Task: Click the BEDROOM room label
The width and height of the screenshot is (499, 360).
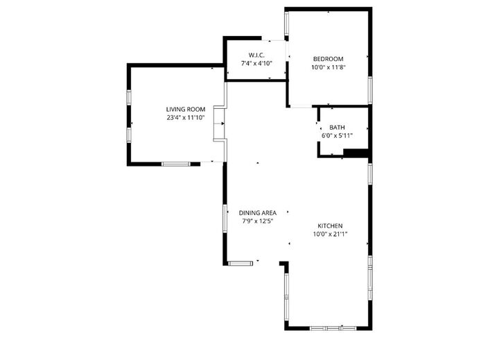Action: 329,59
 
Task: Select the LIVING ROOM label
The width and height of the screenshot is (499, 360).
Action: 186,109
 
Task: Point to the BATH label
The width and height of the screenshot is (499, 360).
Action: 337,128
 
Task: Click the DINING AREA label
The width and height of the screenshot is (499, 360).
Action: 258,213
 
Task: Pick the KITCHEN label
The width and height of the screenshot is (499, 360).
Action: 330,226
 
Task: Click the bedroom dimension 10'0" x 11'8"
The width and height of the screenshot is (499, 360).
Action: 329,67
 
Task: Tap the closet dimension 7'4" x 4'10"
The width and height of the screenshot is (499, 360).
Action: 256,63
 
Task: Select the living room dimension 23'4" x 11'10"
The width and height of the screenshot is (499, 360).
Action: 186,118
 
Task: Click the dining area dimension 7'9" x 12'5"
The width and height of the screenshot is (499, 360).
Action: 259,221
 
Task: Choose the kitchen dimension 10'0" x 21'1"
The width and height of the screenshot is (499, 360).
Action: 330,234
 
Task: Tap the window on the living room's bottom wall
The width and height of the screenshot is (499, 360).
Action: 176,164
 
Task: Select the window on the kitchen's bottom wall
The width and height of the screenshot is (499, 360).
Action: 331,327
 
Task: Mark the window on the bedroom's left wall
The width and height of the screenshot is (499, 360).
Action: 286,25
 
